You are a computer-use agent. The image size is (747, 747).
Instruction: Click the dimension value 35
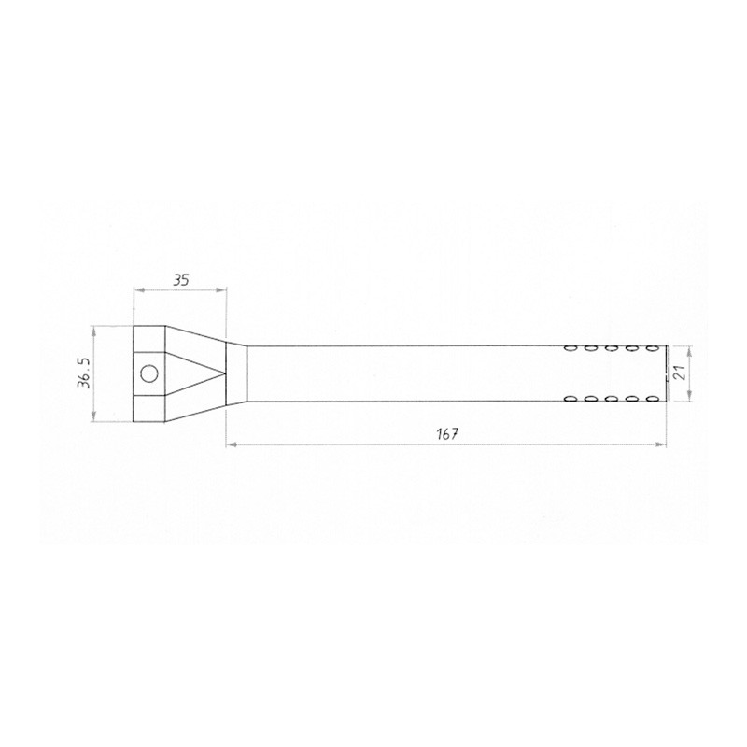[x=180, y=279]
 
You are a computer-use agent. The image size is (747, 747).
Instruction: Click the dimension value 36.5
[x=85, y=373]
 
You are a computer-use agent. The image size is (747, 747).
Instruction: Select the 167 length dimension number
[x=446, y=434]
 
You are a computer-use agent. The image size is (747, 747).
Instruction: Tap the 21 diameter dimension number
[x=681, y=373]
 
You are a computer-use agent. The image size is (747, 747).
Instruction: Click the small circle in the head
[x=149, y=373]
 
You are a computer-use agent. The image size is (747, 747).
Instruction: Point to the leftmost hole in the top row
[x=570, y=348]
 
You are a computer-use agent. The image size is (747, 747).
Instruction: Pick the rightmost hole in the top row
[x=652, y=348]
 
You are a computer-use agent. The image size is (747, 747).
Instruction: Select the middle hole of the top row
[x=612, y=348]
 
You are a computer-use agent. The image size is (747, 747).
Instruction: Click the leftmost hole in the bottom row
[x=570, y=399]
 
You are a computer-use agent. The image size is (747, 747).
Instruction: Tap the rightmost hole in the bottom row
[x=652, y=399]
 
